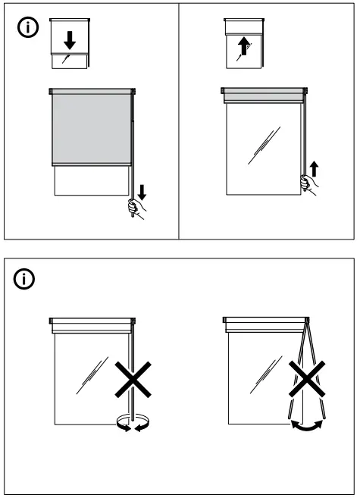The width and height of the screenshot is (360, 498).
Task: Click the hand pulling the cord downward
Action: [x=136, y=207]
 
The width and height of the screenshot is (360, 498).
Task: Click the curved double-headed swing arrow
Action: [x=307, y=428]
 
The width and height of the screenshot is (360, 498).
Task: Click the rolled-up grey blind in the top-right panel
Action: [x=264, y=96]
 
